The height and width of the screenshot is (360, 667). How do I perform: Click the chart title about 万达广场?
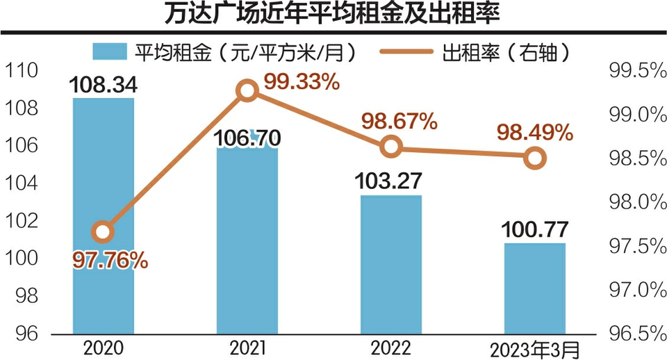(333, 15)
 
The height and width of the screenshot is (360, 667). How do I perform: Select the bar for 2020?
(103, 215)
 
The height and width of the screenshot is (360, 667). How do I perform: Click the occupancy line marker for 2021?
(247, 90)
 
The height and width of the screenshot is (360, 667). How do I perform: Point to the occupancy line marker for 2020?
(103, 231)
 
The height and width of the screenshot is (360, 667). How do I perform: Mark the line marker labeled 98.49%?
(534, 158)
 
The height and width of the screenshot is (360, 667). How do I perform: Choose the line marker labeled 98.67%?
(392, 147)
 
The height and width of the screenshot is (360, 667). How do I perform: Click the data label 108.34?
(103, 85)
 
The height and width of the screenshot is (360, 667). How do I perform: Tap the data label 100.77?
(534, 229)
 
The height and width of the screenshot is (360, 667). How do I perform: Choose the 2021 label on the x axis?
(247, 347)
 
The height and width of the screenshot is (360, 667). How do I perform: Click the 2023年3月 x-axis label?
(534, 347)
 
